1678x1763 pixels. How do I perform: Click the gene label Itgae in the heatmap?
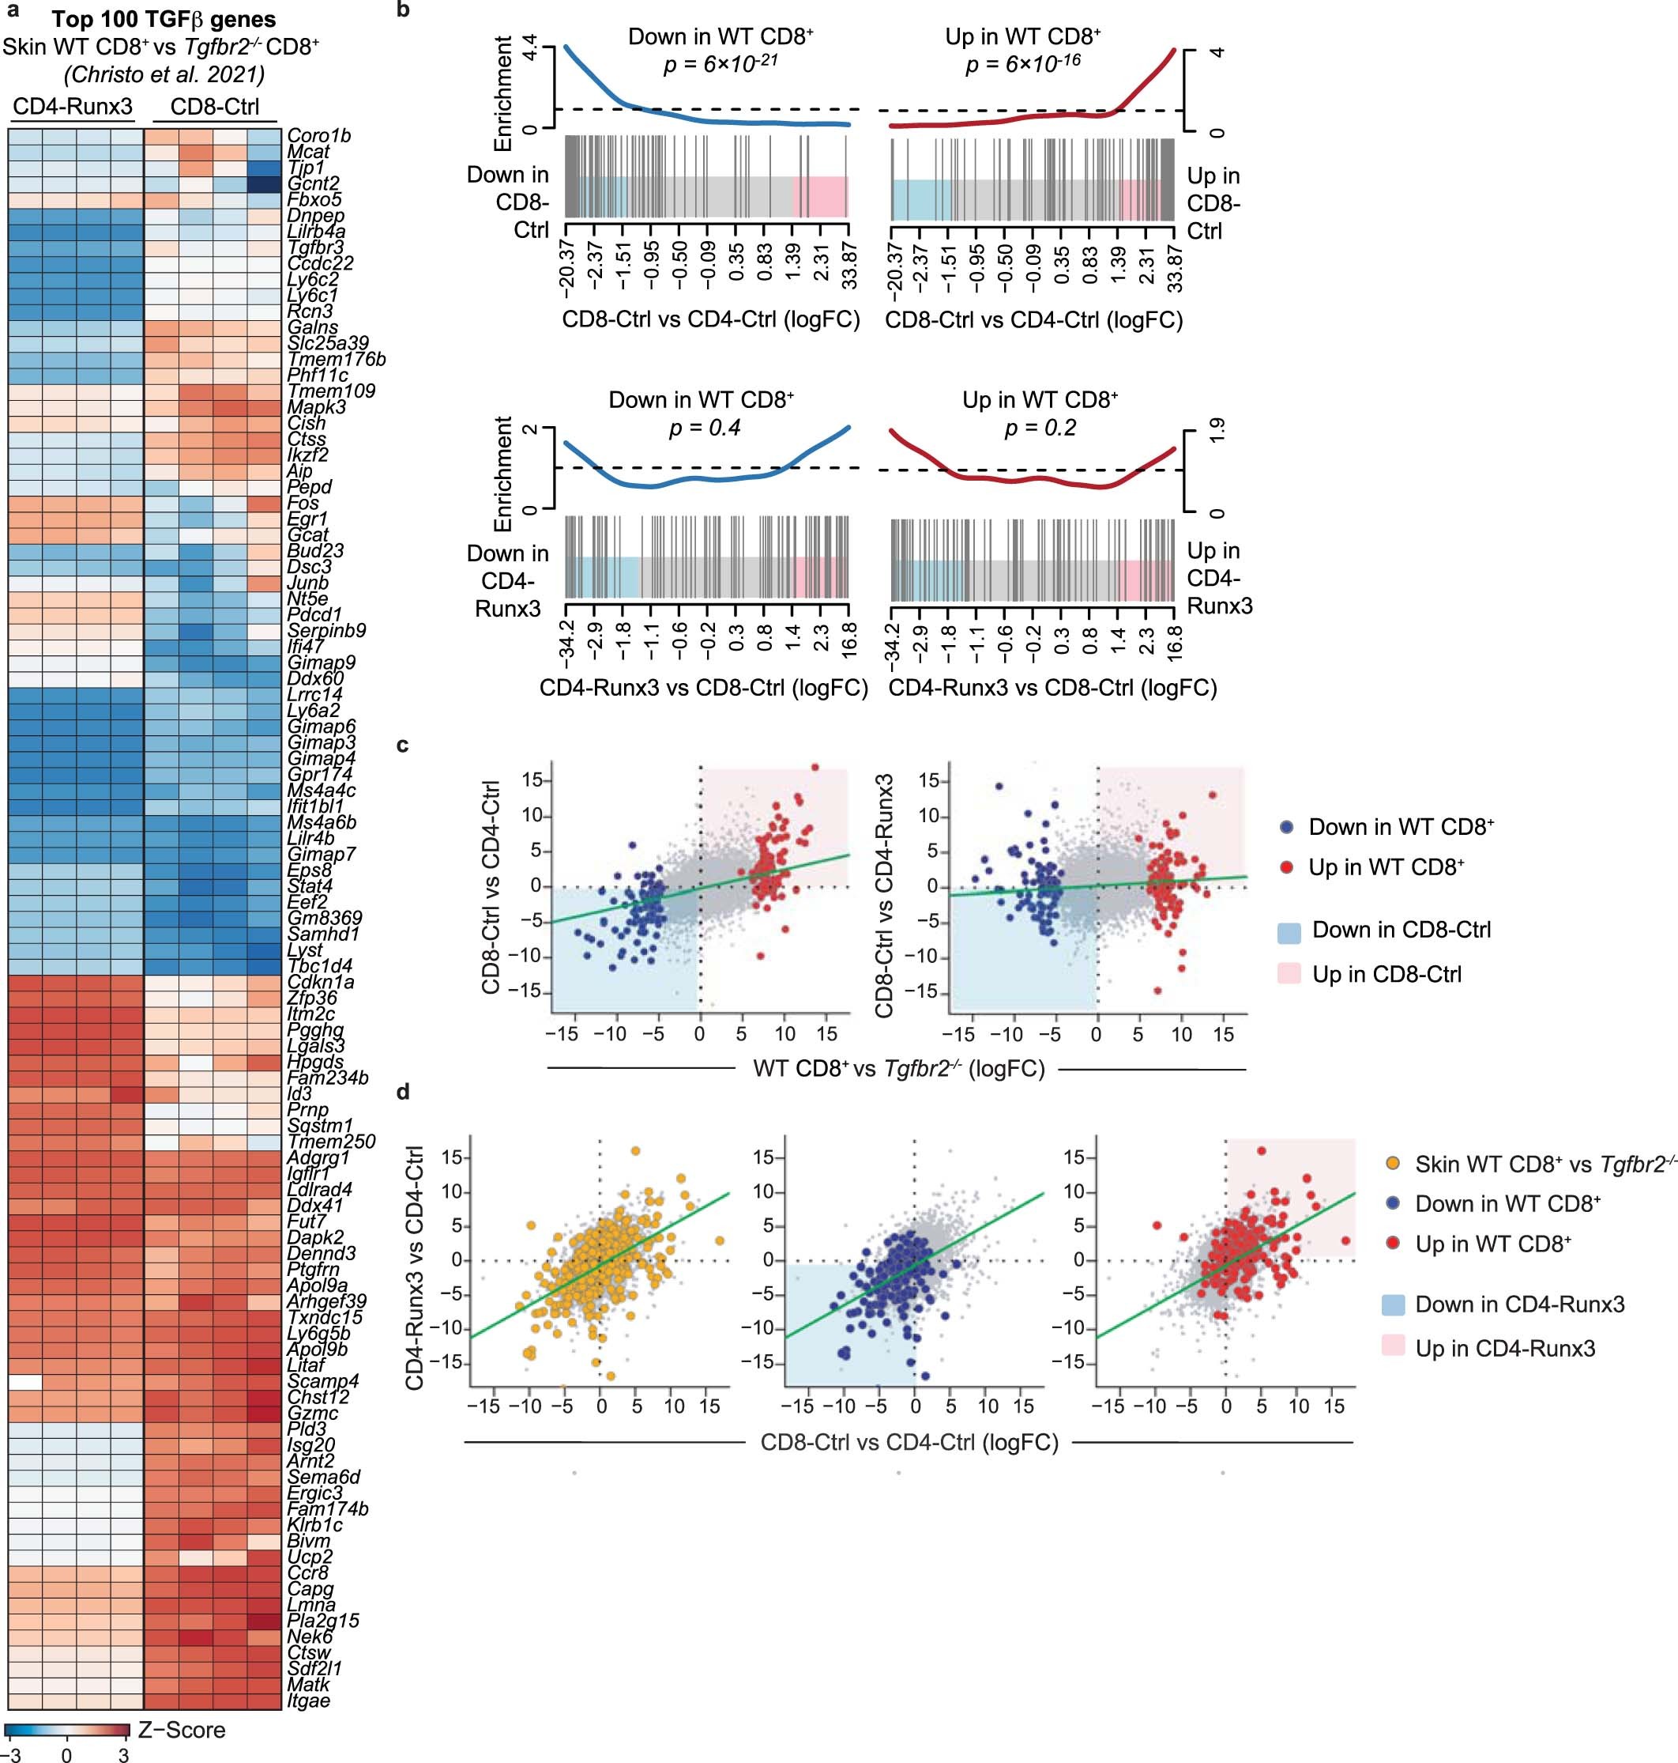click(x=309, y=1700)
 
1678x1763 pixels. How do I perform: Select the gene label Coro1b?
click(x=318, y=136)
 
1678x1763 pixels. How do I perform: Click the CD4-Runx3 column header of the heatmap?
click(x=73, y=107)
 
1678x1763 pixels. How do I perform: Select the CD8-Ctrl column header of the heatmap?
click(x=215, y=107)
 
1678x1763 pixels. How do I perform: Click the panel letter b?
click(x=404, y=11)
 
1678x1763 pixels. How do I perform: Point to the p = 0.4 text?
click(x=705, y=428)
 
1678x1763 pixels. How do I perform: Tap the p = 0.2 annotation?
click(x=1040, y=428)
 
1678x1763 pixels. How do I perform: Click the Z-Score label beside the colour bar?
click(x=182, y=1730)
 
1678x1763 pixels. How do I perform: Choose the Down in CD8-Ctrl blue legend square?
click(x=1289, y=931)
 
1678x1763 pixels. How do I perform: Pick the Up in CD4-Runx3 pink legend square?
click(x=1393, y=1348)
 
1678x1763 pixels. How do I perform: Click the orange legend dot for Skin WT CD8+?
click(x=1392, y=1165)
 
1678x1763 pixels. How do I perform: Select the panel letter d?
click(x=404, y=1092)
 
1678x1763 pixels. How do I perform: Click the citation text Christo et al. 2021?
click(x=164, y=74)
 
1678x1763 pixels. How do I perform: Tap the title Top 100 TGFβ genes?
click(x=164, y=19)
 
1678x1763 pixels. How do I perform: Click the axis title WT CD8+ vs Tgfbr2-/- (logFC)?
click(x=898, y=1069)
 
